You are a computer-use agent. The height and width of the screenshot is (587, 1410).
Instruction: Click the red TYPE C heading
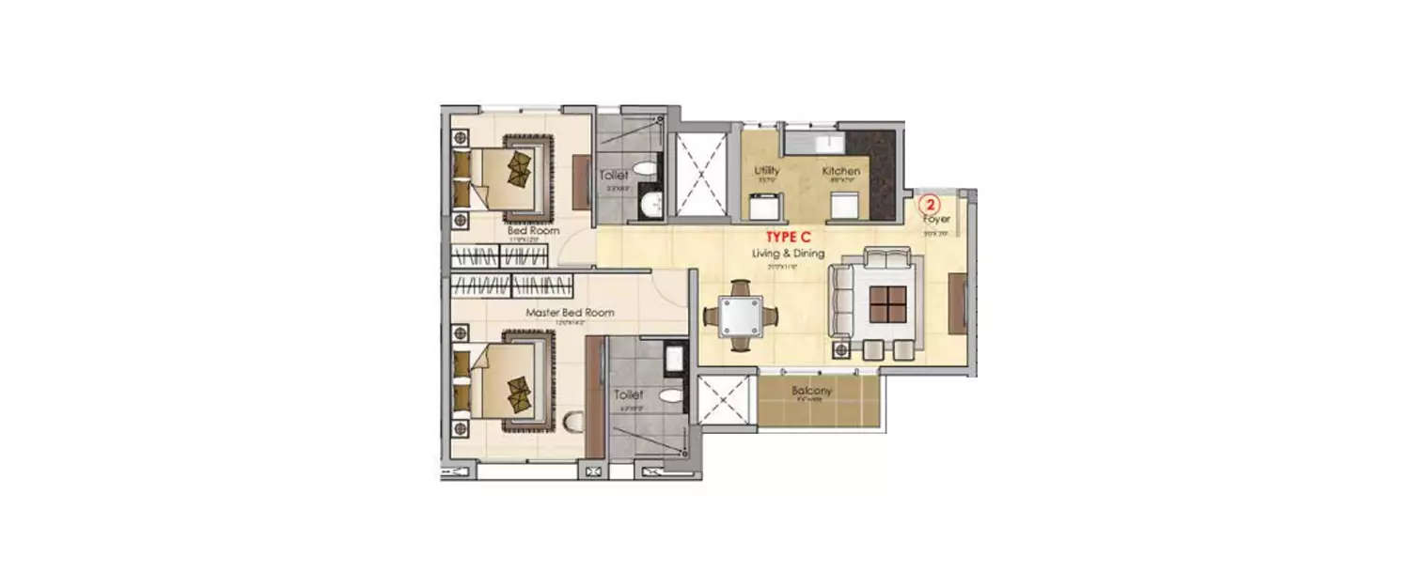pyautogui.click(x=788, y=237)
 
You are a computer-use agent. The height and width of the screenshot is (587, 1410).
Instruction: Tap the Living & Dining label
pyautogui.click(x=788, y=254)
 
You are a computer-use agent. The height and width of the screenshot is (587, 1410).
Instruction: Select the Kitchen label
pyautogui.click(x=840, y=172)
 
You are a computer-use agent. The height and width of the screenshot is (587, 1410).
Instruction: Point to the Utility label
pyautogui.click(x=767, y=172)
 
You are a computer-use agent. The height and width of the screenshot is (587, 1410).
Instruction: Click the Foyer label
pyautogui.click(x=936, y=219)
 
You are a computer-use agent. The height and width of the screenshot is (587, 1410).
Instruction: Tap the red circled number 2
pyautogui.click(x=929, y=203)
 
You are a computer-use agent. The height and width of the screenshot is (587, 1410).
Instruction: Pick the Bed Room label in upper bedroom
pyautogui.click(x=533, y=230)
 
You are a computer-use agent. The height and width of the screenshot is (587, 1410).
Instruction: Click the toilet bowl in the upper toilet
pyautogui.click(x=644, y=169)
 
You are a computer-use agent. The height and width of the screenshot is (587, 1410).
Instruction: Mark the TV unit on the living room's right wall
pyautogui.click(x=958, y=302)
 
